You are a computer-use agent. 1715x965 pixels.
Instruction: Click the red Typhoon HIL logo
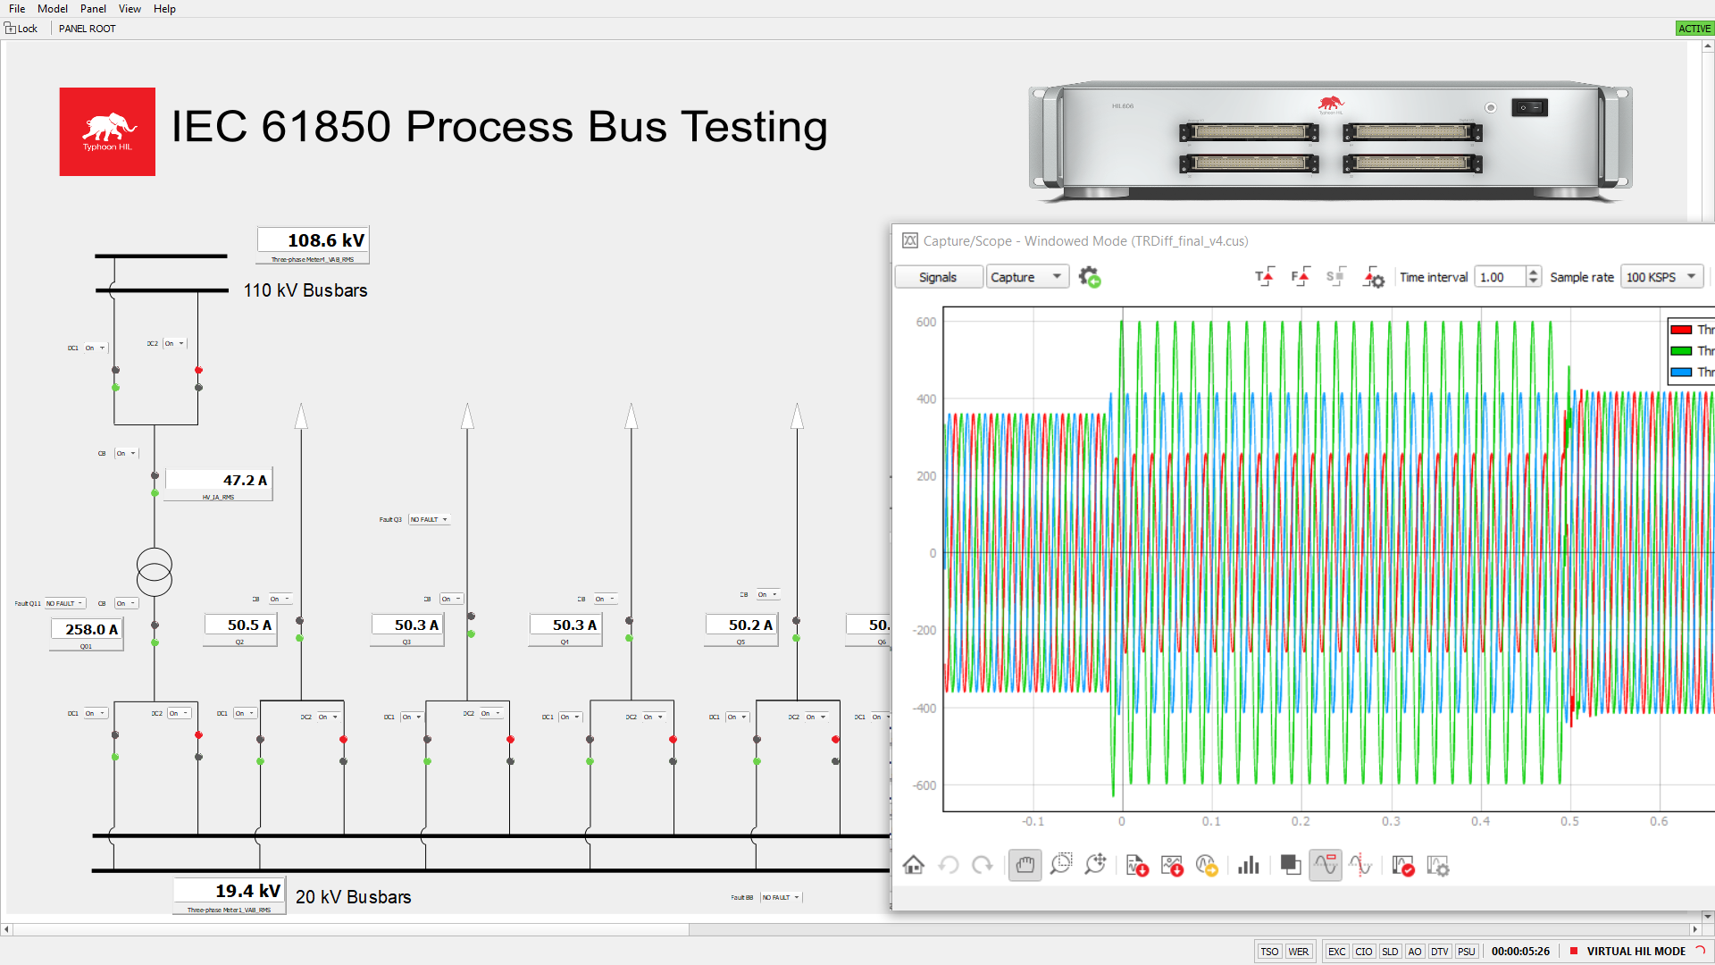pyautogui.click(x=107, y=131)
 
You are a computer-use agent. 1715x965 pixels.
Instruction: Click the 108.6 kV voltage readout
pyautogui.click(x=314, y=240)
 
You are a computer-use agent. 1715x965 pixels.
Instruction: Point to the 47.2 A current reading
pyautogui.click(x=219, y=481)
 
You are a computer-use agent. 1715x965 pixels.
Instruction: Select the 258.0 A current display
pyautogui.click(x=87, y=629)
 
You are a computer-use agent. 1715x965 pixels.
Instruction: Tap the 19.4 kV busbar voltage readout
pyautogui.click(x=230, y=891)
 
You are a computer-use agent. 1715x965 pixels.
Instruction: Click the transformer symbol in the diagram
pyautogui.click(x=155, y=572)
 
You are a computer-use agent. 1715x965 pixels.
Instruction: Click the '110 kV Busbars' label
pyautogui.click(x=305, y=290)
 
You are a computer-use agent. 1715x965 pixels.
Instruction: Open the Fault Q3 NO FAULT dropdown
pyautogui.click(x=429, y=519)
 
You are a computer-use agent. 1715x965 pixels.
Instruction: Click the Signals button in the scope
pyautogui.click(x=938, y=277)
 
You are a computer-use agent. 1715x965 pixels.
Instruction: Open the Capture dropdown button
pyautogui.click(x=1027, y=277)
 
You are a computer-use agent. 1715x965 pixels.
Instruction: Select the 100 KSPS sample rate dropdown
pyautogui.click(x=1661, y=277)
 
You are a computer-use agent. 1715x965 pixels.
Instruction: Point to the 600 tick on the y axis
pyautogui.click(x=926, y=323)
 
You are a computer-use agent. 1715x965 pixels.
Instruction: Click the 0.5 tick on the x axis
pyautogui.click(x=1569, y=821)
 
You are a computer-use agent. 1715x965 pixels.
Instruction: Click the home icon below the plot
pyautogui.click(x=913, y=865)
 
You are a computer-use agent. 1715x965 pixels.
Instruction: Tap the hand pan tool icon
pyautogui.click(x=1025, y=865)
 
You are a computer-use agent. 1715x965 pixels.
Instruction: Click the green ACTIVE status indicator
pyautogui.click(x=1694, y=29)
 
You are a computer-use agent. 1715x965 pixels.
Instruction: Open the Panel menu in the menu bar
pyautogui.click(x=93, y=9)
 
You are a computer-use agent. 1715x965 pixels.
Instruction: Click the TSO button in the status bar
pyautogui.click(x=1269, y=952)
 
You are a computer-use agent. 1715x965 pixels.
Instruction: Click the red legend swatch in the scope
pyautogui.click(x=1681, y=330)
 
